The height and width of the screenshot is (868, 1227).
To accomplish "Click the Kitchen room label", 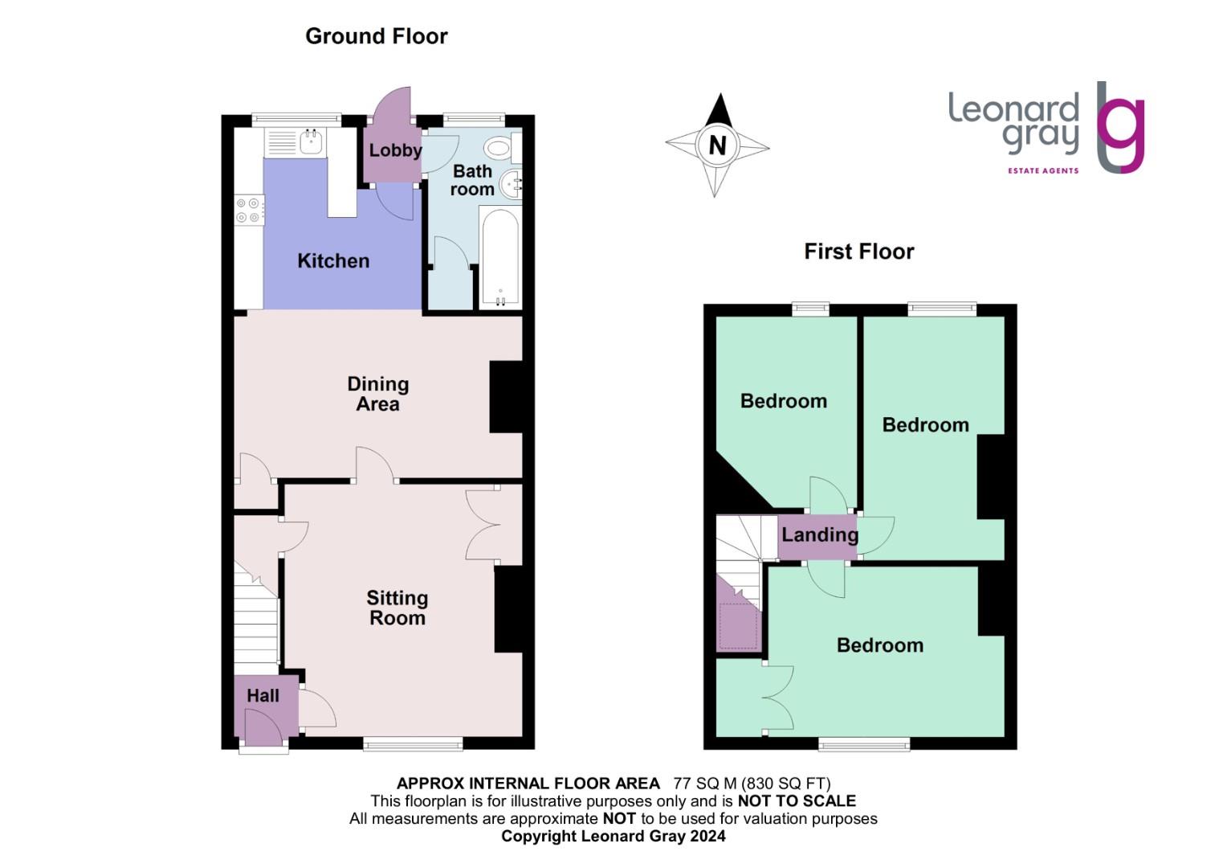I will point(333,260).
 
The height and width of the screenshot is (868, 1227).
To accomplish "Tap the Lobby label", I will point(394,150).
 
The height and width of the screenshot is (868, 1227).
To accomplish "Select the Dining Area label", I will point(377,394).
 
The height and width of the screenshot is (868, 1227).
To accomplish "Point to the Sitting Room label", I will point(397,608).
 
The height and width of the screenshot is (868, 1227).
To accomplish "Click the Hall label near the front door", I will point(263,696).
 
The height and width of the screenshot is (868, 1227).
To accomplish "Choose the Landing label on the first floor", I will point(819,535).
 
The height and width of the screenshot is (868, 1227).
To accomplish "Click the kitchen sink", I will point(311,143).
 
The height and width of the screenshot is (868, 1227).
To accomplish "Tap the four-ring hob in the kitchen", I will point(248,211).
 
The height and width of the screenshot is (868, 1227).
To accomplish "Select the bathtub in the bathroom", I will point(499,257).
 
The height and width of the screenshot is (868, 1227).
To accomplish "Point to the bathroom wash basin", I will point(511,185).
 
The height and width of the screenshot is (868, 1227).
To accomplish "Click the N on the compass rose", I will point(717,145).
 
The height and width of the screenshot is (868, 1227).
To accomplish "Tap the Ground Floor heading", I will point(376,36).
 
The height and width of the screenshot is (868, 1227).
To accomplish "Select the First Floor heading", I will point(858,252).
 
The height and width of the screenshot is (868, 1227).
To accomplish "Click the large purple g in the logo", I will point(1121,133).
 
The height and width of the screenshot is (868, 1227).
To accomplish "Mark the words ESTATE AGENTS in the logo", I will point(1042,170).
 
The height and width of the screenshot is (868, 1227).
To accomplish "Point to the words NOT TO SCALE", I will point(796,800).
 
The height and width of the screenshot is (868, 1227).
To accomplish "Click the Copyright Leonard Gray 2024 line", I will point(613,836).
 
